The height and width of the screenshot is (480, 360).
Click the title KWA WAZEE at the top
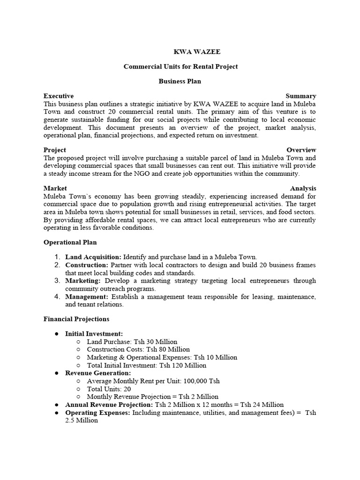(x=180, y=52)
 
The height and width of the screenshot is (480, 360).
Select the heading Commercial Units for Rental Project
(x=180, y=67)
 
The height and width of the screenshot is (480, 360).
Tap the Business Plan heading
(x=180, y=81)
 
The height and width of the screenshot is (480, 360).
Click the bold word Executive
(x=59, y=96)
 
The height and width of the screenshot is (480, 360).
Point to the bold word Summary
(x=301, y=96)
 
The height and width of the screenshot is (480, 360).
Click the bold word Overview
(x=301, y=150)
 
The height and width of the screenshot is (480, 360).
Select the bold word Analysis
(x=303, y=188)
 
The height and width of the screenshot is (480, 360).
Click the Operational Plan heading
(x=70, y=242)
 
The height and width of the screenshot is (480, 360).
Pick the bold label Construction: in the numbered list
(x=87, y=265)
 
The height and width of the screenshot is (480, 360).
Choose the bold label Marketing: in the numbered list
(x=83, y=281)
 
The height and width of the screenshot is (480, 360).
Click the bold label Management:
(x=87, y=297)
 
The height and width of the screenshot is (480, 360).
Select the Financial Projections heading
(x=76, y=319)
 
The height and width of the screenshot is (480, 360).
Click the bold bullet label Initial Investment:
(x=94, y=334)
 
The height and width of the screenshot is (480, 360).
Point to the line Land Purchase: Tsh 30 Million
(x=132, y=342)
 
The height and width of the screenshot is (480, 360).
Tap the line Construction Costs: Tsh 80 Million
(x=138, y=349)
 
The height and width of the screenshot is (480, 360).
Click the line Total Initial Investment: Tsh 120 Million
(x=146, y=365)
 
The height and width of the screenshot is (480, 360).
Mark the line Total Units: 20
(x=109, y=389)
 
